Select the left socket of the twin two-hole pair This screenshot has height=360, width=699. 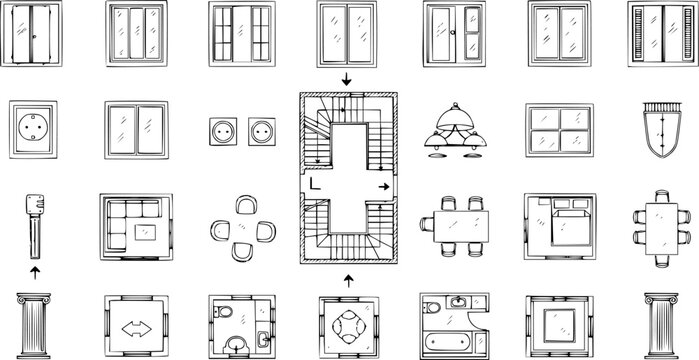point(222,130)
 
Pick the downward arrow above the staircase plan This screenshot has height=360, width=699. point(347,79)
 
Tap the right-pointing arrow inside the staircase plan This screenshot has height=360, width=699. point(384,187)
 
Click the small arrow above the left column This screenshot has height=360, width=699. point(35,271)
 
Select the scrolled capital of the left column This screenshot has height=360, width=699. point(35,299)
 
